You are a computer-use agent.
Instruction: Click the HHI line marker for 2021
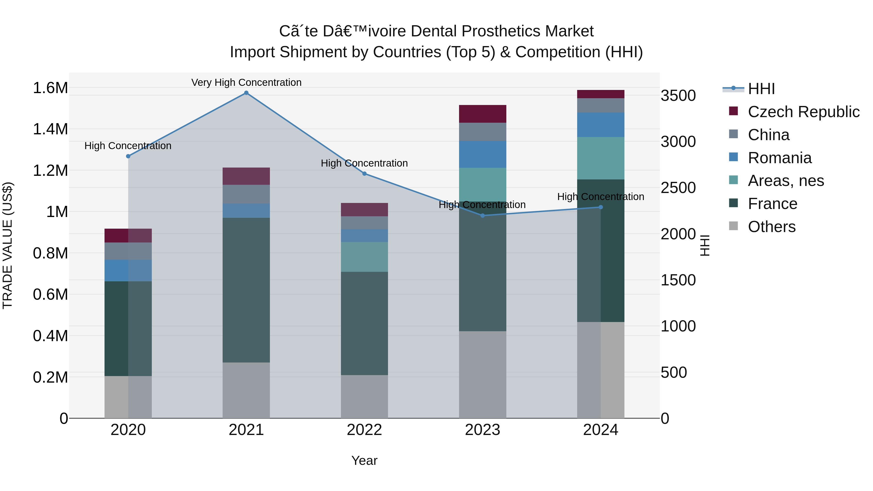pyautogui.click(x=246, y=93)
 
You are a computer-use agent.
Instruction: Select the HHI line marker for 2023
pyautogui.click(x=483, y=216)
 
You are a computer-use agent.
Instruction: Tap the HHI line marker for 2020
pyautogui.click(x=128, y=156)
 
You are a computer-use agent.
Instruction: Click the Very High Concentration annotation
pyautogui.click(x=246, y=82)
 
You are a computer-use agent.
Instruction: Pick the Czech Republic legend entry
pyautogui.click(x=803, y=112)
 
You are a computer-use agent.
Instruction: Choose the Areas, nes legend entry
pyautogui.click(x=785, y=181)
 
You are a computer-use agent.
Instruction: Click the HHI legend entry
pyautogui.click(x=761, y=89)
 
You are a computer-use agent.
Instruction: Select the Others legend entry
pyautogui.click(x=771, y=227)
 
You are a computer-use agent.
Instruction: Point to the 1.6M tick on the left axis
pyautogui.click(x=50, y=88)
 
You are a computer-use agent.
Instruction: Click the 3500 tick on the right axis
pyautogui.click(x=678, y=96)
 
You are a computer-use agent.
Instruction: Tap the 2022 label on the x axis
pyautogui.click(x=364, y=430)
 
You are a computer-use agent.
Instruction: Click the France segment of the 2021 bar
pyautogui.click(x=246, y=290)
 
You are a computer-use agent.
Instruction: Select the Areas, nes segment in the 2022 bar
pyautogui.click(x=364, y=257)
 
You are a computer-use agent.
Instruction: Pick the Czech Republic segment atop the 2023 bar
pyautogui.click(x=483, y=114)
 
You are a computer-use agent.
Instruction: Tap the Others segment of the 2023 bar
pyautogui.click(x=483, y=374)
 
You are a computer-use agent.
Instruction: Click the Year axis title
pyautogui.click(x=364, y=460)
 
